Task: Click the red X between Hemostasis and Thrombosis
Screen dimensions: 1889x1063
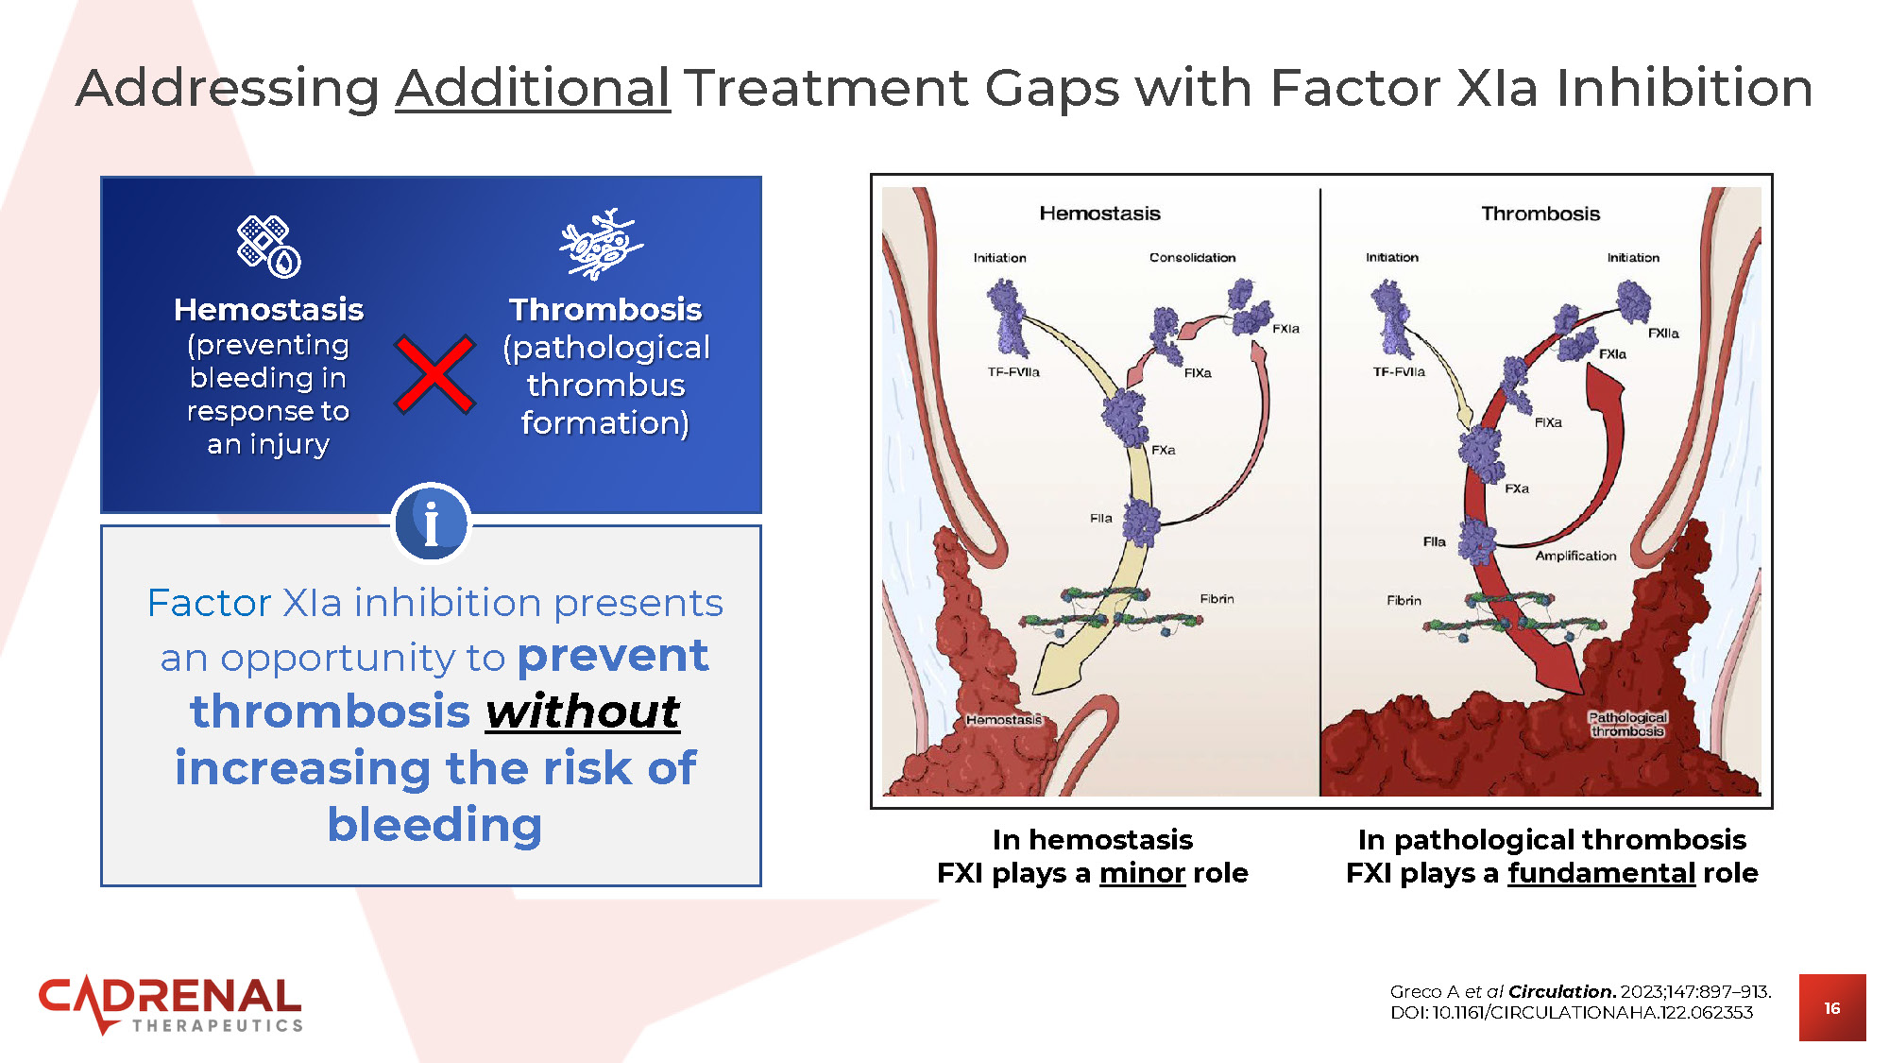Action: (x=434, y=374)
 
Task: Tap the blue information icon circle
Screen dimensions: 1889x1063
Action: (x=431, y=523)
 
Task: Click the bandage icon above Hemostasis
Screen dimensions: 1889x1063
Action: (x=268, y=247)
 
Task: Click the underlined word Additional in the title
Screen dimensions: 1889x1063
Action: (x=533, y=89)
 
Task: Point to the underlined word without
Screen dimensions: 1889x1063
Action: (x=583, y=712)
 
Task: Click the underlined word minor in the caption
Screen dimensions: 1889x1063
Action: (x=1142, y=873)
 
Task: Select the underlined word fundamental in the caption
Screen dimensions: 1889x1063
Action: (x=1601, y=873)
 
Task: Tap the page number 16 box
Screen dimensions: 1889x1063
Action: (x=1831, y=1008)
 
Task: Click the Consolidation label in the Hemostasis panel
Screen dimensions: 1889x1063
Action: (x=1192, y=257)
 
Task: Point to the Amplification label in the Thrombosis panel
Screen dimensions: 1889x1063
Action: (x=1575, y=556)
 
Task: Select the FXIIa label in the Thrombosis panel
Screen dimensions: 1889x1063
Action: (x=1663, y=334)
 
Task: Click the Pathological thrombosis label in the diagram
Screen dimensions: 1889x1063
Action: (x=1626, y=724)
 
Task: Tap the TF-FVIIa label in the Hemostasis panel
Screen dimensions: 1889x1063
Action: (x=1013, y=372)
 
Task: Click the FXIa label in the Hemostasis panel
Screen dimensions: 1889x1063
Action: (x=1285, y=329)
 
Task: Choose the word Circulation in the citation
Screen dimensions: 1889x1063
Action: (x=1561, y=991)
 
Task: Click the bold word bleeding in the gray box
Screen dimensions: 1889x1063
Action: (x=434, y=825)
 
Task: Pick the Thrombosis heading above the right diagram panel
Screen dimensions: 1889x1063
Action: (x=1540, y=214)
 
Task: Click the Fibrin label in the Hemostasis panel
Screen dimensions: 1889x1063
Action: (x=1217, y=599)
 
